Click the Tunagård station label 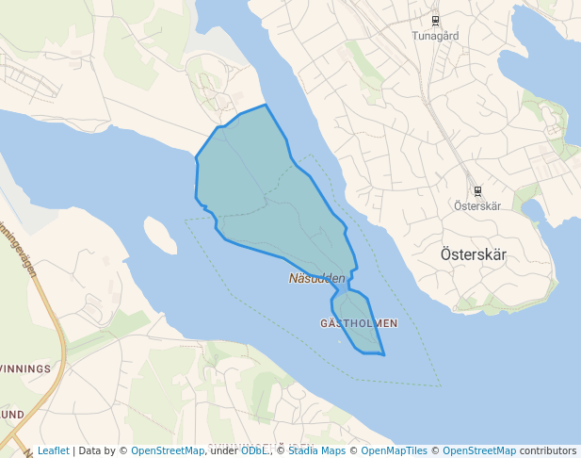click(x=435, y=36)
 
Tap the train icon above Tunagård click(x=435, y=20)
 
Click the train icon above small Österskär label click(x=477, y=190)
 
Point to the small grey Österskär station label click(x=476, y=205)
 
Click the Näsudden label click(x=317, y=279)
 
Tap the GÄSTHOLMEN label click(x=359, y=323)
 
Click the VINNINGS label click(x=25, y=368)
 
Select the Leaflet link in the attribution click(x=54, y=450)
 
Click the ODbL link click(x=254, y=450)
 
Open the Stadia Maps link click(x=317, y=450)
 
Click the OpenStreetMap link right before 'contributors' click(x=479, y=450)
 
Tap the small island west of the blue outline click(x=159, y=236)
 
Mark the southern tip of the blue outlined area click(x=384, y=355)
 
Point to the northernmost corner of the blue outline click(x=266, y=105)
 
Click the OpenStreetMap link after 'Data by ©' click(x=168, y=450)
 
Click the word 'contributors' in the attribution click(x=548, y=450)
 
